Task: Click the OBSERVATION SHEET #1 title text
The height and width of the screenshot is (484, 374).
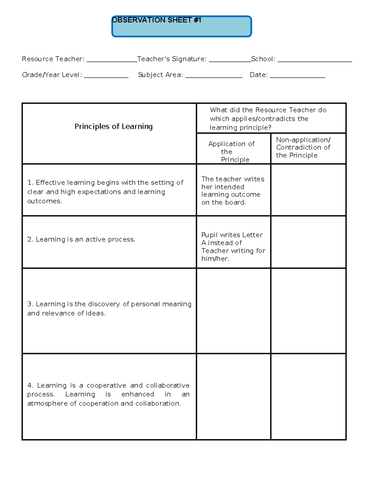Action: coord(156,20)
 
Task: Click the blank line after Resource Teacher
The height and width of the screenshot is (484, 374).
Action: coord(112,61)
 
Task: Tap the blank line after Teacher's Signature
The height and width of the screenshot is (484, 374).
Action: coord(230,61)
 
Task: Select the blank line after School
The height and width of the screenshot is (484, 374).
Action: coord(314,61)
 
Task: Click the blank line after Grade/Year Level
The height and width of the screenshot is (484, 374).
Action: coord(106,77)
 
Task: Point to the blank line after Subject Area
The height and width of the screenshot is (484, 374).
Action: coord(213,77)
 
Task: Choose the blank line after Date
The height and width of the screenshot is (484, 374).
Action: coord(297,77)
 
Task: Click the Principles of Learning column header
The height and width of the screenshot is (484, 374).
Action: coord(113,127)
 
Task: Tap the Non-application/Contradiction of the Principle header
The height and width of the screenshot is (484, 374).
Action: coord(303,147)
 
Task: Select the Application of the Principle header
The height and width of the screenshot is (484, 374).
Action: coord(232,151)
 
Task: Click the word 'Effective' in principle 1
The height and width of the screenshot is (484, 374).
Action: coord(50,183)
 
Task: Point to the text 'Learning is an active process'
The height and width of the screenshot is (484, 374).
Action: coord(85,239)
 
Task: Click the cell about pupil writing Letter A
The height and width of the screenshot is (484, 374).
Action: coord(233,247)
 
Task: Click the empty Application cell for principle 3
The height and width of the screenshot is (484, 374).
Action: coord(233,311)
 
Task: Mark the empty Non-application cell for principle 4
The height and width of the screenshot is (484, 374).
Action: coord(308,396)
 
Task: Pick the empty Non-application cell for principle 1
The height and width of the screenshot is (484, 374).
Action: coord(308,190)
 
